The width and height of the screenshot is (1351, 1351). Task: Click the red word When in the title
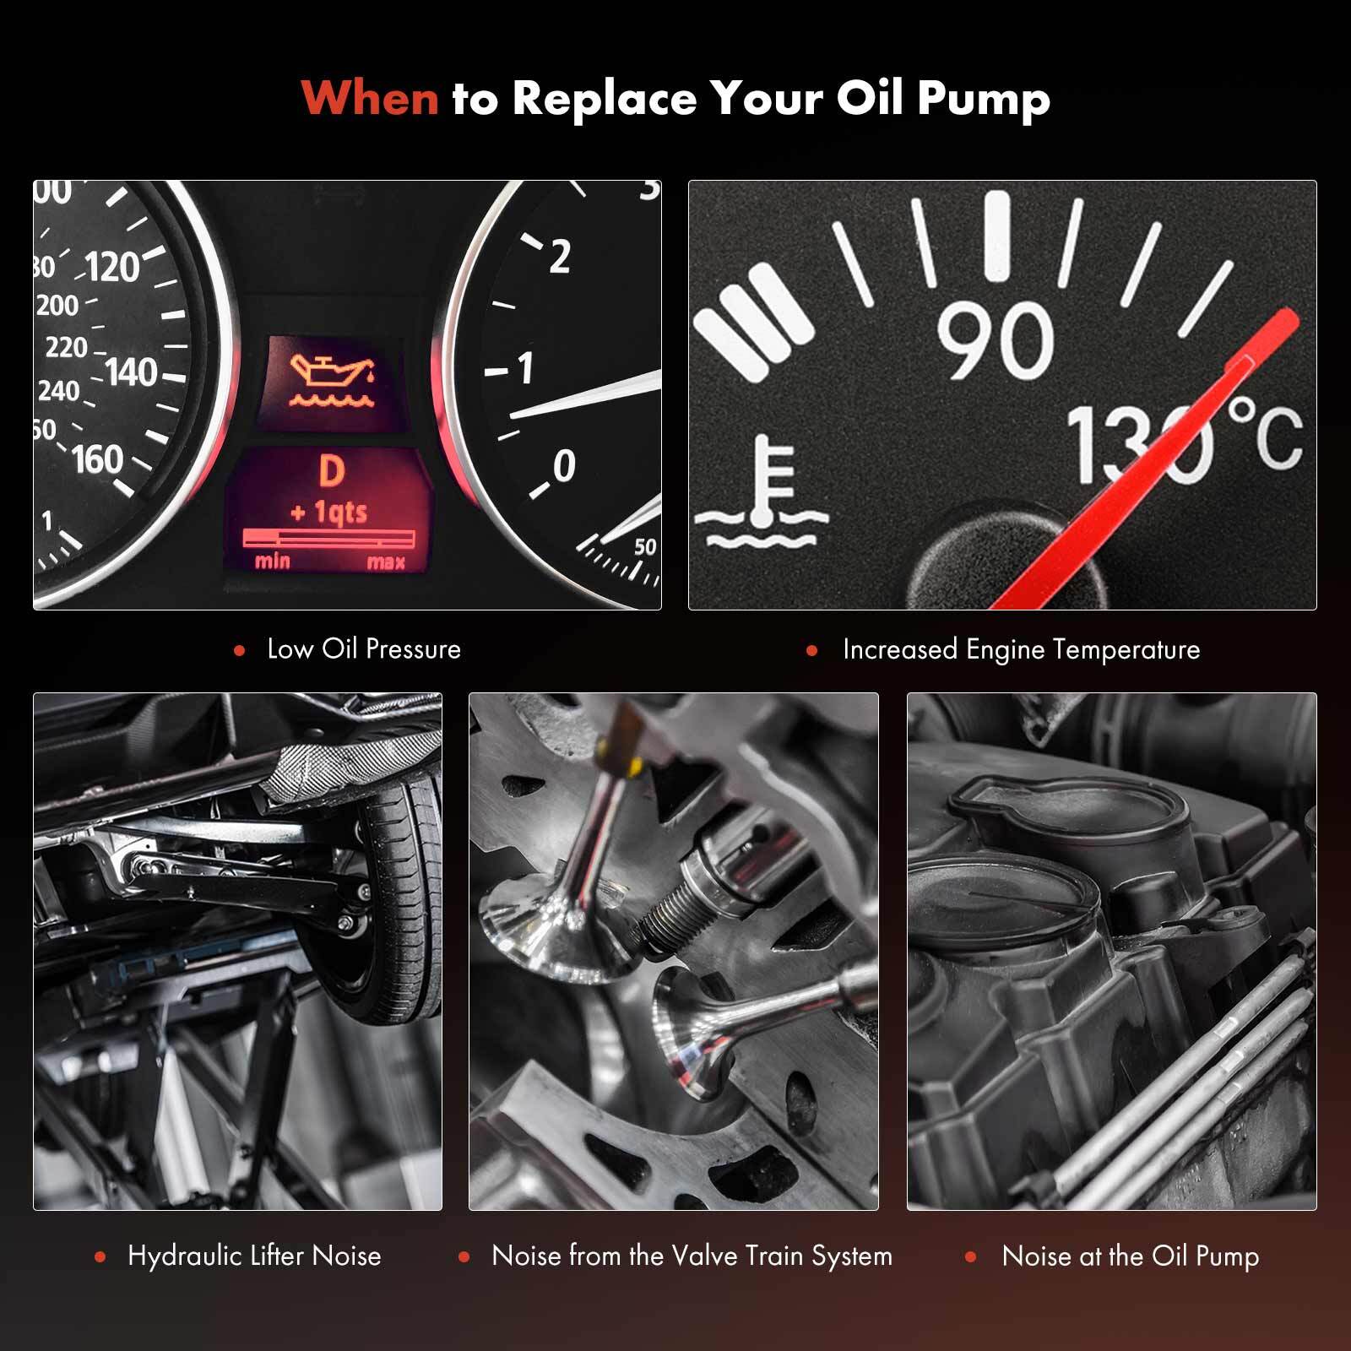pyautogui.click(x=370, y=97)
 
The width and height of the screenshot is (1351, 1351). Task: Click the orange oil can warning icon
pyautogui.click(x=332, y=381)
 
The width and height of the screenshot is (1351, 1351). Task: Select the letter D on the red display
pyautogui.click(x=332, y=471)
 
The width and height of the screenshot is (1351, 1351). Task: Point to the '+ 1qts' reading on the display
pyautogui.click(x=328, y=512)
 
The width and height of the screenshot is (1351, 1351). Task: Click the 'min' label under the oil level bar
pyautogui.click(x=273, y=562)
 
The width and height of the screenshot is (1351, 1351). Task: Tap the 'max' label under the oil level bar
pyautogui.click(x=386, y=562)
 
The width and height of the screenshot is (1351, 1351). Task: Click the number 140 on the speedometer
pyautogui.click(x=132, y=372)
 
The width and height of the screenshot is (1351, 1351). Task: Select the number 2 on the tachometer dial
pyautogui.click(x=560, y=256)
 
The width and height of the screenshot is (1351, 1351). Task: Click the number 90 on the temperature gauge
pyautogui.click(x=996, y=340)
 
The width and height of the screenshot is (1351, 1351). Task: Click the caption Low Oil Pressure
pyautogui.click(x=364, y=649)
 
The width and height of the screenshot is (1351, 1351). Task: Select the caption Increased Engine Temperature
pyautogui.click(x=1021, y=649)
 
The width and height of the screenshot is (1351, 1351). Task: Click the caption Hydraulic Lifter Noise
pyautogui.click(x=254, y=1256)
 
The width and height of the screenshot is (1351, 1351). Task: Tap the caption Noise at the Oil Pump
pyautogui.click(x=1131, y=1256)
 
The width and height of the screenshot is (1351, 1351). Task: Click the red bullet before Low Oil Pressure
pyautogui.click(x=240, y=650)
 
